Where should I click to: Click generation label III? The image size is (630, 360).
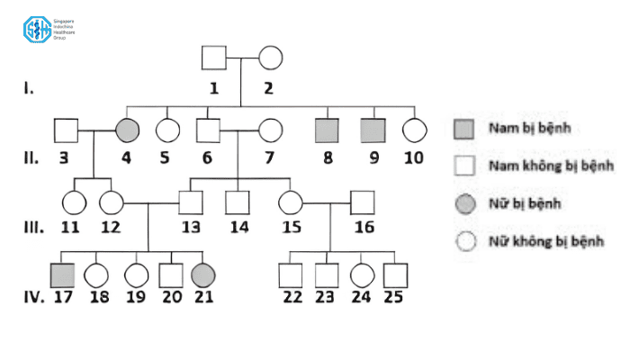coord(30,225)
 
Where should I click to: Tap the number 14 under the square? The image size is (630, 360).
coord(238,226)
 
